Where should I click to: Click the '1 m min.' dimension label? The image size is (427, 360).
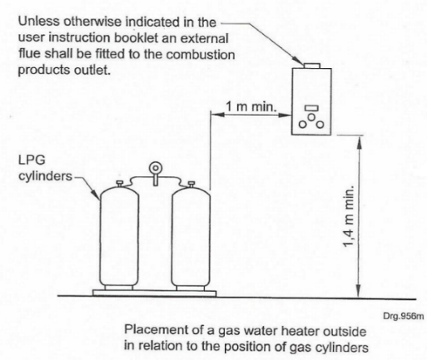(251, 106)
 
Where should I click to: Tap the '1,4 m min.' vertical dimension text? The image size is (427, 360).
(349, 216)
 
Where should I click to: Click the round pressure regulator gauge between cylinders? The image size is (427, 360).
(155, 168)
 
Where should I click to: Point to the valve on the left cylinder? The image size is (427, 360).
(120, 184)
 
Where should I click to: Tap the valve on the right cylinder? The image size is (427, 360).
(191, 184)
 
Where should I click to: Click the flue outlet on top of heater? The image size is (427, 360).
(311, 66)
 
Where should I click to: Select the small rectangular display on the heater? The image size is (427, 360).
(311, 108)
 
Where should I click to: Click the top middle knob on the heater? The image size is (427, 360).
(311, 117)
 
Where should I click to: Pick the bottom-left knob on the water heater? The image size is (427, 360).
(302, 125)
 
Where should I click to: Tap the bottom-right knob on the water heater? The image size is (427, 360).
(320, 125)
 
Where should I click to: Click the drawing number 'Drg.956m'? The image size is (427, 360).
(404, 316)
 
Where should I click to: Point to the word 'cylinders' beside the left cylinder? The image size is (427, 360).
(45, 176)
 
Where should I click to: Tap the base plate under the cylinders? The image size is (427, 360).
(154, 293)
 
